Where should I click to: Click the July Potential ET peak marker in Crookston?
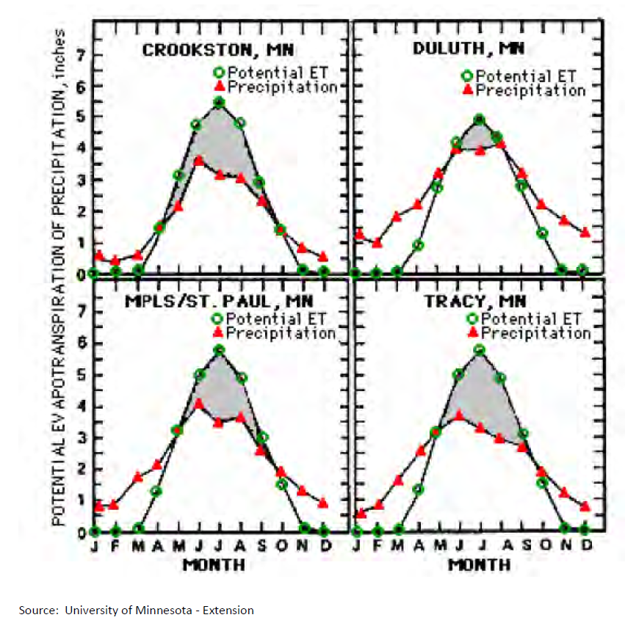tap(218, 102)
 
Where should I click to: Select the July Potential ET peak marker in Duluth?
tap(479, 119)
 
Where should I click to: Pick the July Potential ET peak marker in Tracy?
tap(480, 350)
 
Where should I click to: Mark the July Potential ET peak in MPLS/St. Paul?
tap(218, 350)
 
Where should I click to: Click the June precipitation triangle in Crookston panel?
tap(198, 160)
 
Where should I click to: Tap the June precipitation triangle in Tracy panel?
tap(459, 415)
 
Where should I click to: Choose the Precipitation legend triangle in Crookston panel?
tap(218, 87)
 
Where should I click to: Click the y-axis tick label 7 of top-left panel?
tap(82, 54)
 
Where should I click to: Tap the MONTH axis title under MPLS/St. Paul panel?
tap(214, 565)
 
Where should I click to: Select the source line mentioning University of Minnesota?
tap(137, 610)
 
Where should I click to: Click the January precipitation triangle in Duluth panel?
tap(359, 234)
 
